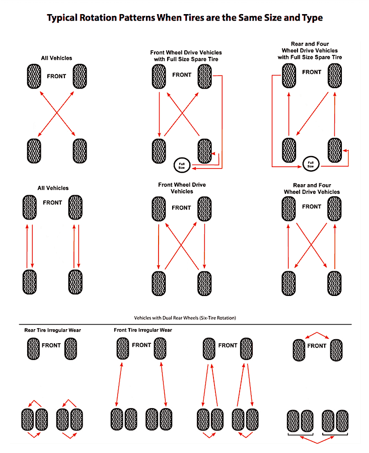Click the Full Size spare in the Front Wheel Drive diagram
181,165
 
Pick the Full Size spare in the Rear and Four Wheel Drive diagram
311,163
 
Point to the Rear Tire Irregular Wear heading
53,330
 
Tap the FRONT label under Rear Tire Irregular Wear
51,346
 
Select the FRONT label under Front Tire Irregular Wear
141,345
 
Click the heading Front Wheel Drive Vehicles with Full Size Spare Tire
186,56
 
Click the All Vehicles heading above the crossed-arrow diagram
56,58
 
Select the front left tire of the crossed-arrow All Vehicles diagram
32,75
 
